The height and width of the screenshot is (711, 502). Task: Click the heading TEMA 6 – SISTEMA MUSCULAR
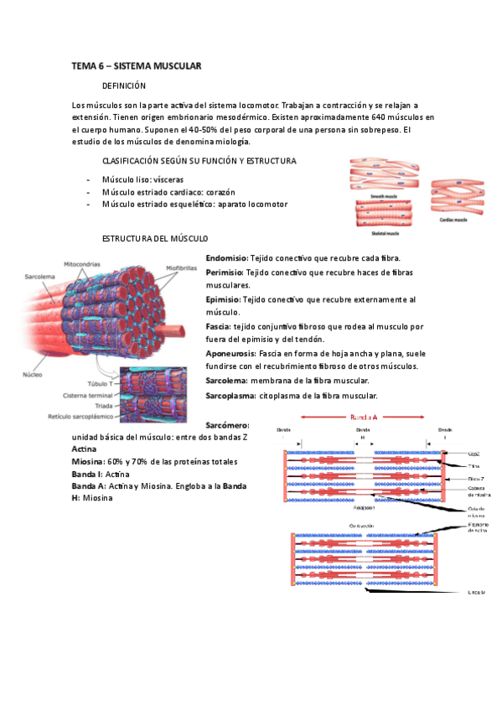click(136, 65)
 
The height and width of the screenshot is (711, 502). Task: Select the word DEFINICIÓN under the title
click(123, 86)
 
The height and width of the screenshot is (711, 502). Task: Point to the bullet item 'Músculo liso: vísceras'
click(142, 179)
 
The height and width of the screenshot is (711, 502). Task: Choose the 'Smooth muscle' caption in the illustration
click(382, 194)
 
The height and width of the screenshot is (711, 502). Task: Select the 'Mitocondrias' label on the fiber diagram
click(84, 262)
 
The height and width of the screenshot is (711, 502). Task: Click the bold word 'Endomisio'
click(224, 258)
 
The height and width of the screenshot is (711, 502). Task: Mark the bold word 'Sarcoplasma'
click(230, 395)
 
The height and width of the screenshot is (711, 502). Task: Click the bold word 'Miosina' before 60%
click(87, 462)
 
